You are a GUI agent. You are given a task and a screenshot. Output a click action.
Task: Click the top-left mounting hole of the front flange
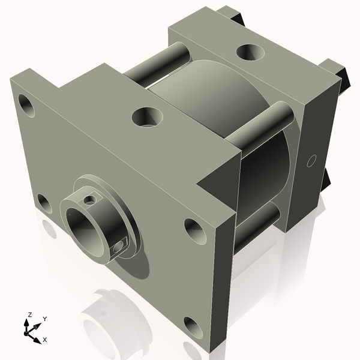click(27, 105)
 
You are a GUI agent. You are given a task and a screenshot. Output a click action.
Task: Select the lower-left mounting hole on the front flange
click(44, 203)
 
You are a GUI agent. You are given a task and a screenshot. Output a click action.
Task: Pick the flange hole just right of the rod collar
click(192, 228)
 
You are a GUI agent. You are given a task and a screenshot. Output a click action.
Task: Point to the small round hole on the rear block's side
click(311, 160)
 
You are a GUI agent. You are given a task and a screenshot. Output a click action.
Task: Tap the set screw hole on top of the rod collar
click(90, 197)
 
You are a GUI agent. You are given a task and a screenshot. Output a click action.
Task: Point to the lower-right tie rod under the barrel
click(258, 222)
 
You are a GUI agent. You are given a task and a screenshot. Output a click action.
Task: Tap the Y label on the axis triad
click(44, 319)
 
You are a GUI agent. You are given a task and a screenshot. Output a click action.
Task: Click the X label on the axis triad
click(44, 340)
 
